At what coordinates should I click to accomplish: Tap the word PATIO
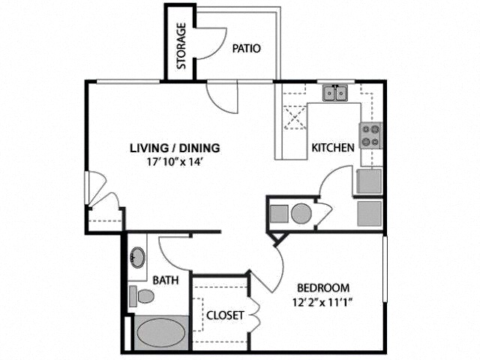[x=246, y=49]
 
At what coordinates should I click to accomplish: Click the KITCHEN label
[x=332, y=148]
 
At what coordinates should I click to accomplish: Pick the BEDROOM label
[x=323, y=287]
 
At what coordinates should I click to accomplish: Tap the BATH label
[x=165, y=280]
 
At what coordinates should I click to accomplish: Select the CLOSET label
[x=225, y=315]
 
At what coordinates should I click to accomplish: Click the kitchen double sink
[x=335, y=93]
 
